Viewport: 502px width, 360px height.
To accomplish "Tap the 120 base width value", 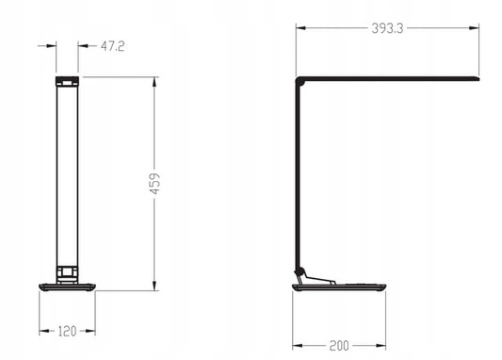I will [66, 331].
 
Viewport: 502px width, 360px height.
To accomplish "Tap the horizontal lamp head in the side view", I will [391, 76].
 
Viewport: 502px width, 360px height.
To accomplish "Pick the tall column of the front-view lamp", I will [66, 174].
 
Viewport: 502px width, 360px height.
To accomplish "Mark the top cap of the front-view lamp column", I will [66, 80].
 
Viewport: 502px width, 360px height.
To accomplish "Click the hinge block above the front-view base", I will [66, 272].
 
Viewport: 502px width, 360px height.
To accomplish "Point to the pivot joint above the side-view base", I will [304, 272].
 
